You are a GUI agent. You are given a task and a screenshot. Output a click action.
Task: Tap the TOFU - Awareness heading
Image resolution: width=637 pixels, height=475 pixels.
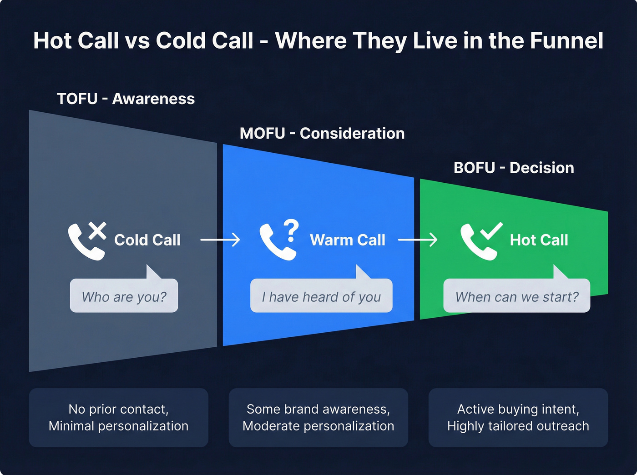click(126, 99)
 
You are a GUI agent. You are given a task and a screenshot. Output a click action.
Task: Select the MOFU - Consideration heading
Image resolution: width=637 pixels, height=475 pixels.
click(322, 133)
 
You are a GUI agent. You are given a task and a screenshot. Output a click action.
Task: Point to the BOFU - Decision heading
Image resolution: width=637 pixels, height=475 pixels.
click(514, 168)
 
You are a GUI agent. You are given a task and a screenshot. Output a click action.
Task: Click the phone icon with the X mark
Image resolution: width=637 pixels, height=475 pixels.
click(86, 240)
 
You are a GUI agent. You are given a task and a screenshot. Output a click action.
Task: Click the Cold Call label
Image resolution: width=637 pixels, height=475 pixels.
click(147, 240)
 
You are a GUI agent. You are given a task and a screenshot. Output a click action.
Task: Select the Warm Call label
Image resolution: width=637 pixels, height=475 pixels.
click(348, 240)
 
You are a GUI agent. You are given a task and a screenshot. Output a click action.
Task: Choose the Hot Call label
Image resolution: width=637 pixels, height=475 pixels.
click(539, 240)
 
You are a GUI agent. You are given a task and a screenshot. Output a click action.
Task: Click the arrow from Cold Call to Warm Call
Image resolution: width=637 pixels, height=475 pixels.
click(220, 240)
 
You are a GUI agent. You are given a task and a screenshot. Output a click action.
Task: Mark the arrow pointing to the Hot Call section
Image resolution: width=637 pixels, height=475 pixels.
click(418, 240)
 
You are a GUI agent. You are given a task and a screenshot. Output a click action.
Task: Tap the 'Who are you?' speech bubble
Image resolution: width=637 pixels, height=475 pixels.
click(124, 296)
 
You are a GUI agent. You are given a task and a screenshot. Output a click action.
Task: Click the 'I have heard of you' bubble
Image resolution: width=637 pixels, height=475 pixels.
click(321, 296)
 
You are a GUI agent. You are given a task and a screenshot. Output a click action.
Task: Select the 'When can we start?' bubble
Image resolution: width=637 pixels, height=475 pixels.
click(516, 296)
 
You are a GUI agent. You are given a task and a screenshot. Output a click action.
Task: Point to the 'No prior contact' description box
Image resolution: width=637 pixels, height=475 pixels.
click(118, 417)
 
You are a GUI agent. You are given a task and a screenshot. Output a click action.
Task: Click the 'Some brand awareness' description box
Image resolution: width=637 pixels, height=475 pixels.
click(318, 417)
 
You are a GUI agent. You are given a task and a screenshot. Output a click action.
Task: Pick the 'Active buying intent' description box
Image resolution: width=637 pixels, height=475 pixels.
click(518, 417)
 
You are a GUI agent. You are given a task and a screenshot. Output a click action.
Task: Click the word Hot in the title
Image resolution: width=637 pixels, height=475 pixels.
click(52, 40)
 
